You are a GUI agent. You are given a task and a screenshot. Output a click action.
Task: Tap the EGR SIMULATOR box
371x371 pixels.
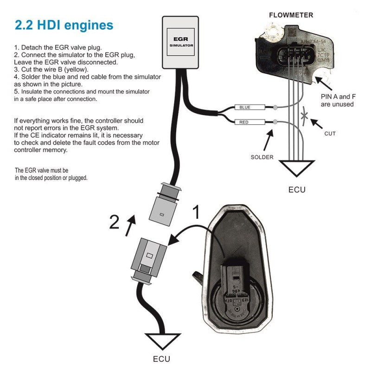click(181, 43)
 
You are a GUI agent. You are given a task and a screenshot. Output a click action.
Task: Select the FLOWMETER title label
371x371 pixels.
click(291, 15)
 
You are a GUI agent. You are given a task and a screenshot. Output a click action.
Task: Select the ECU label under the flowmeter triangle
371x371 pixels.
click(297, 189)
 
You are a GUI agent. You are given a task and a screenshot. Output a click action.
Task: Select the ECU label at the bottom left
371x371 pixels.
click(161, 358)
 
